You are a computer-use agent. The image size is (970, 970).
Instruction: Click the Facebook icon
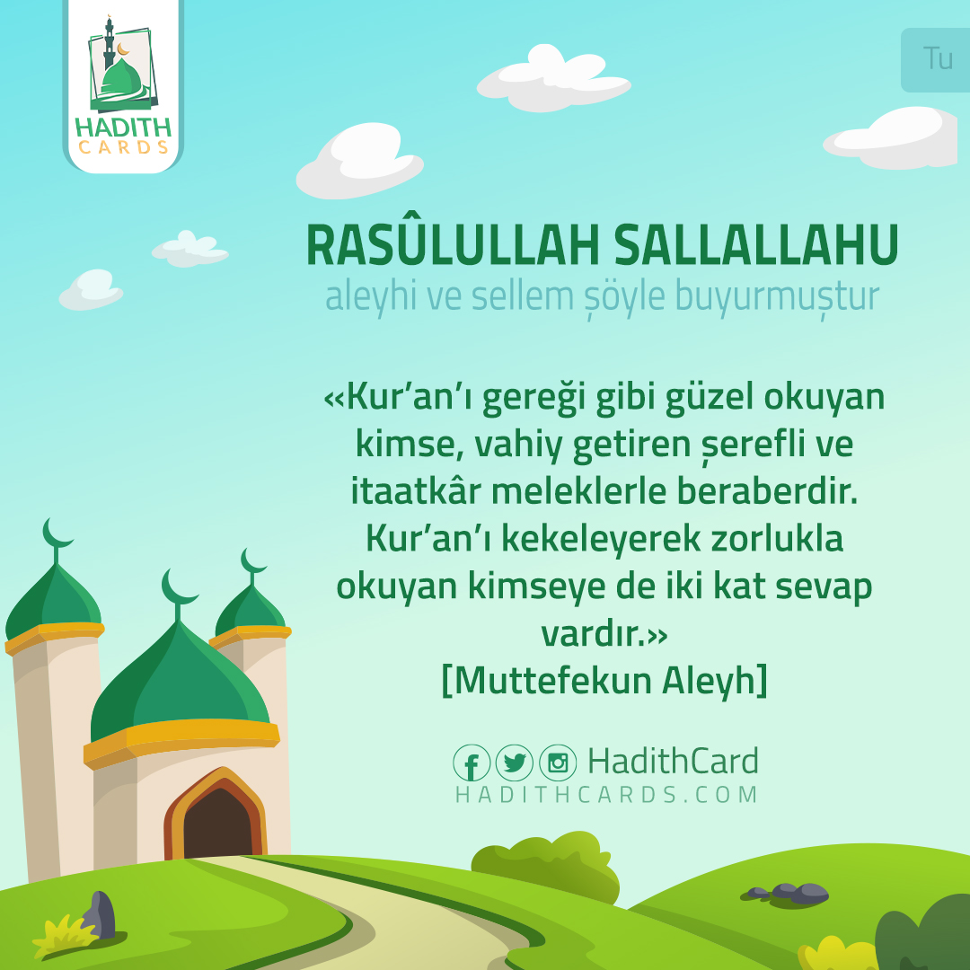[472, 763]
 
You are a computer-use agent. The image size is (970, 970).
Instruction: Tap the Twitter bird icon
[515, 763]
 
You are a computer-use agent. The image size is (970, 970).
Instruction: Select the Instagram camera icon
[558, 763]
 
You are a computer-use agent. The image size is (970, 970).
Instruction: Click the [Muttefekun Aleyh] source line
[604, 681]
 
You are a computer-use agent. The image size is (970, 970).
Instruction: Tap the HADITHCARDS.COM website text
[606, 795]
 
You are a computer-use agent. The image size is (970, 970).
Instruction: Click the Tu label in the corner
[938, 59]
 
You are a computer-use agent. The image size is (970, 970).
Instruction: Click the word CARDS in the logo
[123, 146]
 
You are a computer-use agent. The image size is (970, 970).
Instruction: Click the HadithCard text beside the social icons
[673, 762]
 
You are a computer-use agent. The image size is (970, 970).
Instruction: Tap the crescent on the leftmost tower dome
[57, 532]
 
